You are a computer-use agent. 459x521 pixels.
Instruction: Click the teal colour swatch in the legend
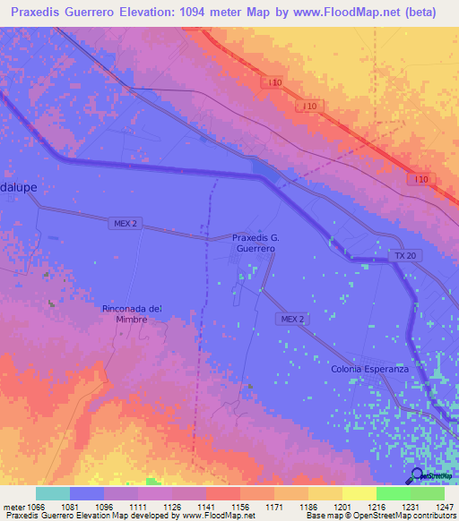tap(53, 493)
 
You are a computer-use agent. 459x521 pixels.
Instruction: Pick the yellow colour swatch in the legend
tap(359, 493)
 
